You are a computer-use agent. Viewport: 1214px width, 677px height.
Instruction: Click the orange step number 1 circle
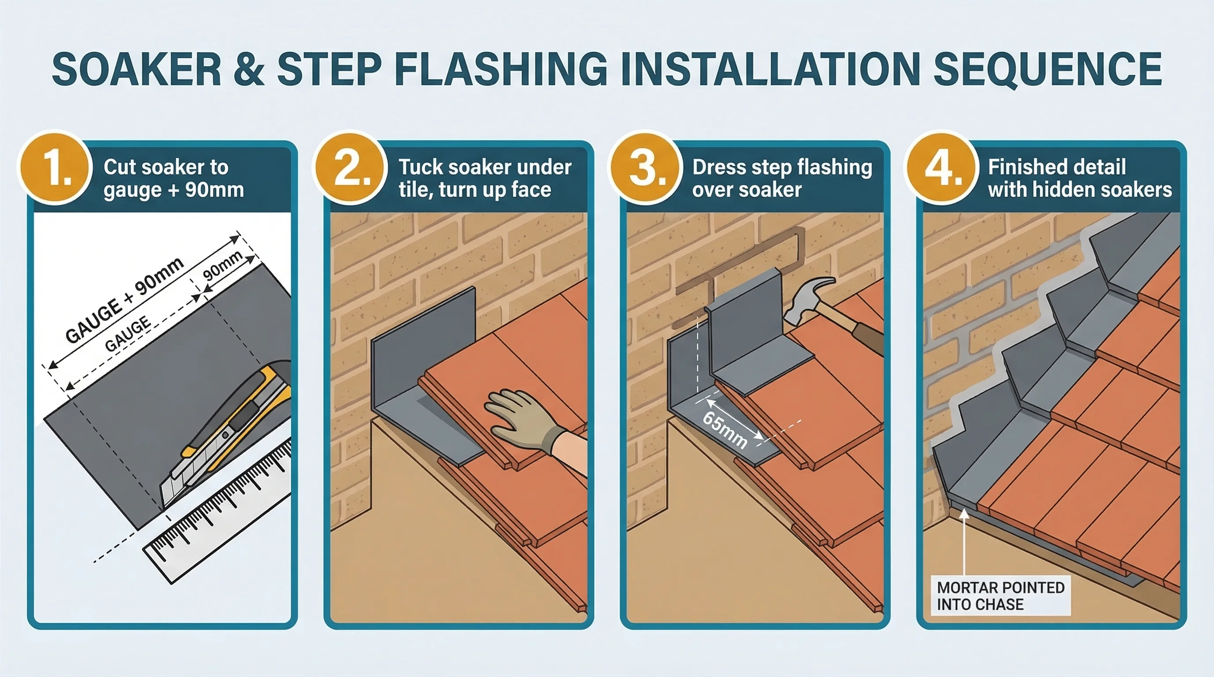pyautogui.click(x=55, y=168)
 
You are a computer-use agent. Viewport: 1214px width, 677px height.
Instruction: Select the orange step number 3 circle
pyautogui.click(x=646, y=168)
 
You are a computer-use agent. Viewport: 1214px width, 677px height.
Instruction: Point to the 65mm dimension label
pyautogui.click(x=725, y=430)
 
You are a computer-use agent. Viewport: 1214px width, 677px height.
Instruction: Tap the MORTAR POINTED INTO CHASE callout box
pyautogui.click(x=1000, y=595)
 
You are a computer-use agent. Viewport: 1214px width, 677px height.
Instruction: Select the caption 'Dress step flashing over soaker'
pyautogui.click(x=781, y=179)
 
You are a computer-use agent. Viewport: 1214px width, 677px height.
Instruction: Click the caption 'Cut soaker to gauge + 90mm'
pyautogui.click(x=173, y=179)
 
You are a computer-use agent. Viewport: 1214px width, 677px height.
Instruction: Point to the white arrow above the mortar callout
pyautogui.click(x=964, y=541)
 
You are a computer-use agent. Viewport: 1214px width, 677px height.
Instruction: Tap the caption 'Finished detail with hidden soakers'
pyautogui.click(x=1079, y=179)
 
